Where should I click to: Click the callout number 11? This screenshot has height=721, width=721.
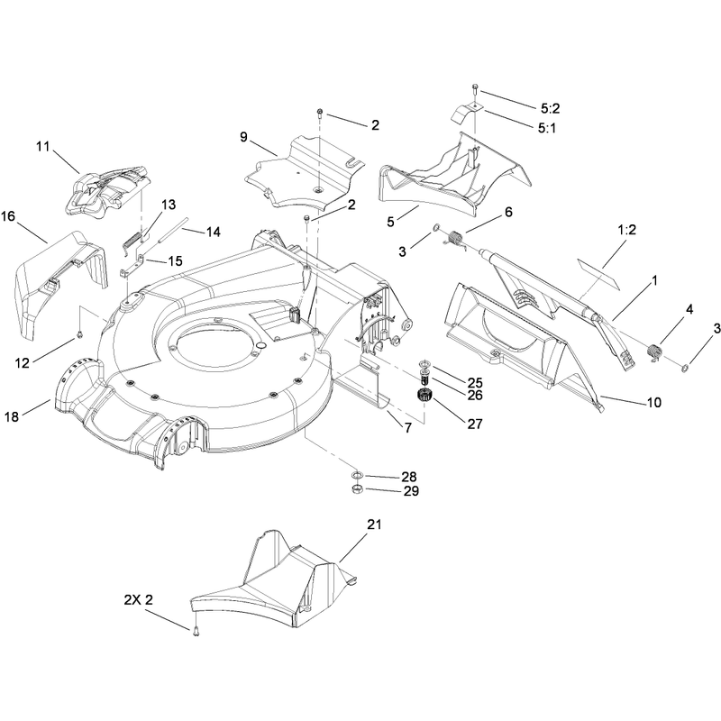click(42, 147)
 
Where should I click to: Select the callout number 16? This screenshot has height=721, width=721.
click(8, 215)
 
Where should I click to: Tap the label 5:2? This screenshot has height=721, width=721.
click(550, 108)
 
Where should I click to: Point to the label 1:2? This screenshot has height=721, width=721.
click(626, 230)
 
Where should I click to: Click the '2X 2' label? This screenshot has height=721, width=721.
click(138, 599)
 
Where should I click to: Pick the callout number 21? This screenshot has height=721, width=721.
click(374, 525)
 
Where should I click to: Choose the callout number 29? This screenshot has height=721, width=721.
click(411, 491)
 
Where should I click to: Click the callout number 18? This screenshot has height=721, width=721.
click(12, 416)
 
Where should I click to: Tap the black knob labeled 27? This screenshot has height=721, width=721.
click(424, 396)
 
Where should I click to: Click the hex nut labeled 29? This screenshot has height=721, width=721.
click(358, 488)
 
